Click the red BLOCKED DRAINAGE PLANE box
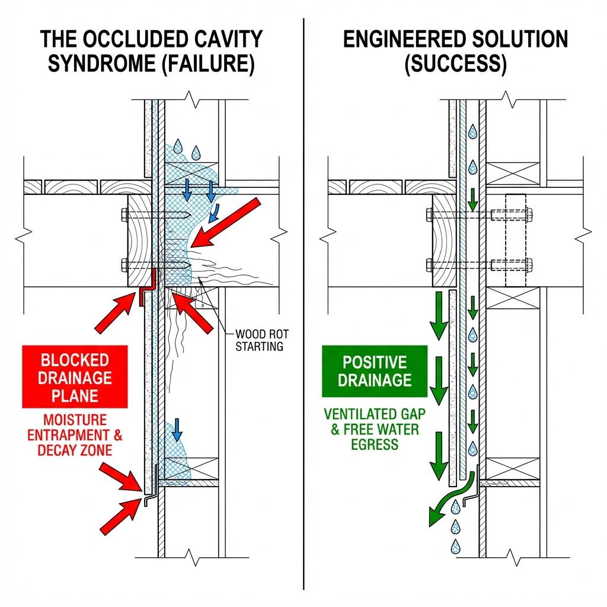pyautogui.click(x=74, y=378)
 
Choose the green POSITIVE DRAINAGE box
pyautogui.click(x=374, y=371)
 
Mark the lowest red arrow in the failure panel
pyautogui.click(x=119, y=515)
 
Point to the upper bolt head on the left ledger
pyautogui.click(x=124, y=215)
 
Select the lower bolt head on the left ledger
pyautogui.click(x=124, y=264)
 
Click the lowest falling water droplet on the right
pyautogui.click(x=455, y=545)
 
